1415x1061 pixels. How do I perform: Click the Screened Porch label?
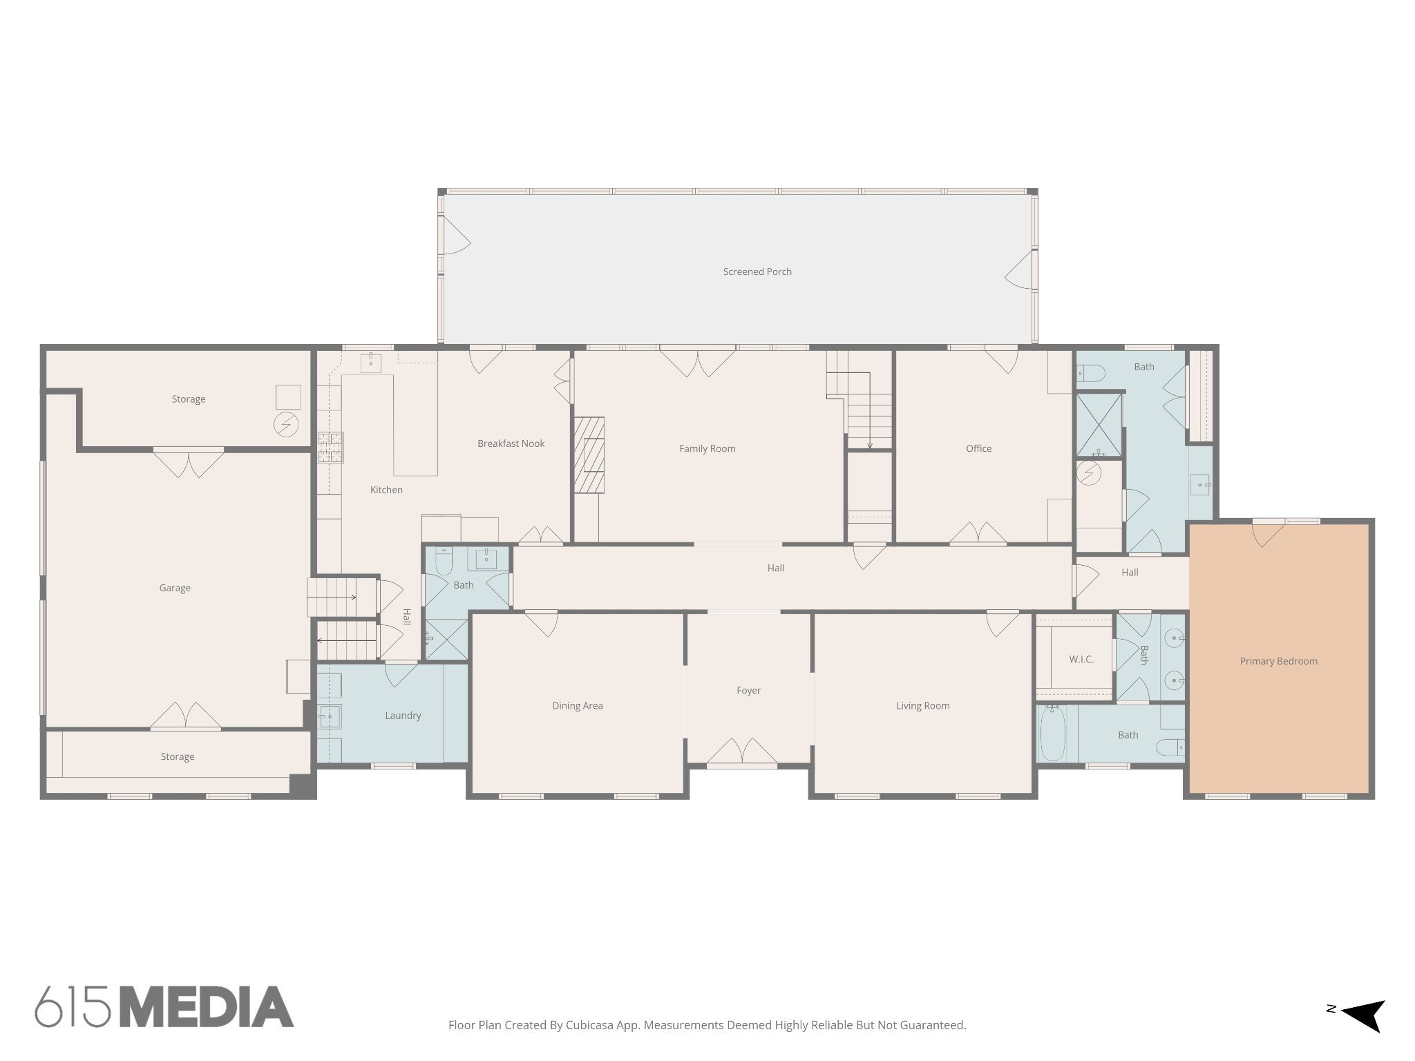click(x=757, y=271)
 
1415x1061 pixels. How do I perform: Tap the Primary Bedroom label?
click(x=1278, y=661)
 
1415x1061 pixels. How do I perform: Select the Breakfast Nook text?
click(x=511, y=443)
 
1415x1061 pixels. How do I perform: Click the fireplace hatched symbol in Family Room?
click(x=589, y=455)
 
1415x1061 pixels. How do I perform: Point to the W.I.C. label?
click(x=1081, y=659)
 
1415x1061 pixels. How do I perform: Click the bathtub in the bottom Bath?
click(x=1053, y=733)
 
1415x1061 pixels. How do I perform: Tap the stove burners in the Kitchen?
click(x=330, y=448)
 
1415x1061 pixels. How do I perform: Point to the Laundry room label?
click(x=403, y=716)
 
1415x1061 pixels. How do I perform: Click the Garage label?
click(x=175, y=588)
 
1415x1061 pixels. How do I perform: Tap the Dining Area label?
click(x=578, y=705)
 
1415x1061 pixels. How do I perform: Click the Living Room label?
click(x=922, y=705)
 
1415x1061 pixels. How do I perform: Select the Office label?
click(x=978, y=448)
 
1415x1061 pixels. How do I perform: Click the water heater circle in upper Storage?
click(x=286, y=424)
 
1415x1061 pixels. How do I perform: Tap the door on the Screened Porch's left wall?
click(x=455, y=236)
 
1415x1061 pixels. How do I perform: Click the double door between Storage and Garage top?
click(x=189, y=463)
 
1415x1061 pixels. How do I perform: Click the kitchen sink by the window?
click(x=371, y=362)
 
